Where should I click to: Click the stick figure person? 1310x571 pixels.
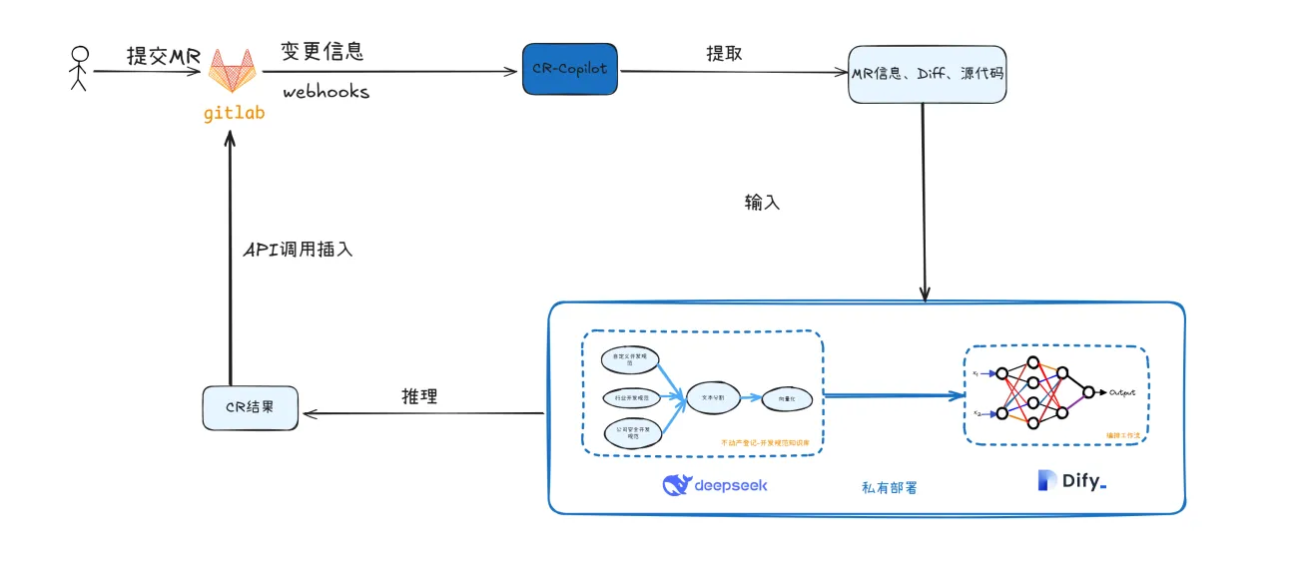[79, 69]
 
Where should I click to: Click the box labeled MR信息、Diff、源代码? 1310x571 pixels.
[927, 74]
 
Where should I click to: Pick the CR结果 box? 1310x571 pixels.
[250, 408]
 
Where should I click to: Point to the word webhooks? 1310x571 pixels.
[326, 92]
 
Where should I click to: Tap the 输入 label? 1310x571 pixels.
[762, 203]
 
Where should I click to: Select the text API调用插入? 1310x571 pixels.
[299, 250]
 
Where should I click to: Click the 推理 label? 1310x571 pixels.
[418, 395]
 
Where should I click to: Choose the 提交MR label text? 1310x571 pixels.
[164, 56]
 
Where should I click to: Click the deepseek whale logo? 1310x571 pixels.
[678, 485]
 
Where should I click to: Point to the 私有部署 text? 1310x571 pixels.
[889, 488]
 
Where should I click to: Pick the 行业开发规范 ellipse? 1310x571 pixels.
[631, 397]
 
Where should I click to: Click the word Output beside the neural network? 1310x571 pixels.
[1122, 392]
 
